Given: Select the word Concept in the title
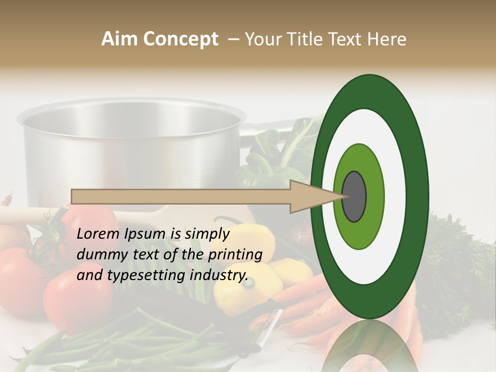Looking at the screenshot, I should tap(181, 39).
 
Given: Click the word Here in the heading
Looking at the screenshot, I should tap(388, 39).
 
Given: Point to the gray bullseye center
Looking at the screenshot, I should tap(354, 196).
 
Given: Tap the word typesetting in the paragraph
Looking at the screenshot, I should tap(152, 275).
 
